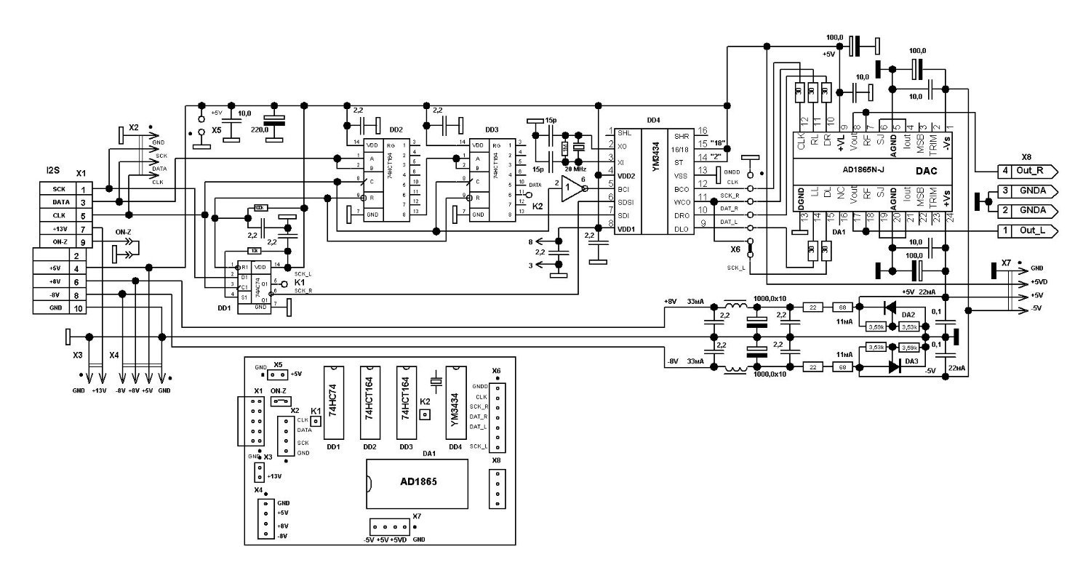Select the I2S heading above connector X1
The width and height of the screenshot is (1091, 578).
(x=53, y=170)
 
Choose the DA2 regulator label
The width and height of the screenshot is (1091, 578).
(x=908, y=314)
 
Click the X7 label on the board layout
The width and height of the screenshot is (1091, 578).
(x=416, y=516)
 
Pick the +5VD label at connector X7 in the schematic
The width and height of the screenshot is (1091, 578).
(x=1039, y=281)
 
